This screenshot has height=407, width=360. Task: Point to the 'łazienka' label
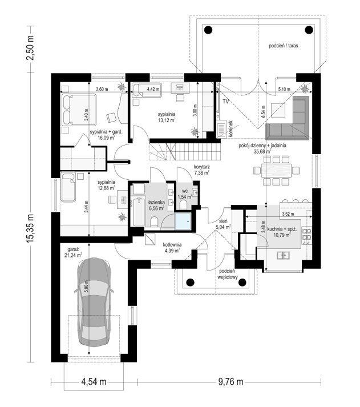(x=156, y=204)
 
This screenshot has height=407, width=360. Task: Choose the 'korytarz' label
(x=201, y=168)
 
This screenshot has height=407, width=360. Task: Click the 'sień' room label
(x=224, y=223)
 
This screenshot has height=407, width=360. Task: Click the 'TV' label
(x=225, y=101)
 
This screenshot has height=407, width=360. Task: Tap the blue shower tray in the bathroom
(x=183, y=220)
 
